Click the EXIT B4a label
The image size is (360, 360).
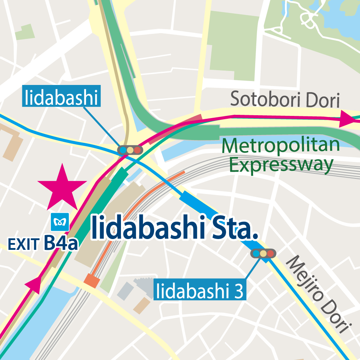click(x=43, y=243)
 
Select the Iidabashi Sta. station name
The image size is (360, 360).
click(x=175, y=228)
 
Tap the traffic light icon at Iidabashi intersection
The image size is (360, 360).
click(x=130, y=149)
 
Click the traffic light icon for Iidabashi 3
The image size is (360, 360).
click(x=263, y=253)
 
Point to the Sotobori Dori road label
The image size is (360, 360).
click(x=285, y=99)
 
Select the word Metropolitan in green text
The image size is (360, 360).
click(x=281, y=145)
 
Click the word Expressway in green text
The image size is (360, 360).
click(x=281, y=165)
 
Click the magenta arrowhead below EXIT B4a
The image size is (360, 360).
click(x=33, y=284)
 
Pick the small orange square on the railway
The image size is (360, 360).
click(x=91, y=280)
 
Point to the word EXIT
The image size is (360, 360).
click(x=23, y=245)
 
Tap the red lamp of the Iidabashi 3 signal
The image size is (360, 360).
click(x=270, y=253)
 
